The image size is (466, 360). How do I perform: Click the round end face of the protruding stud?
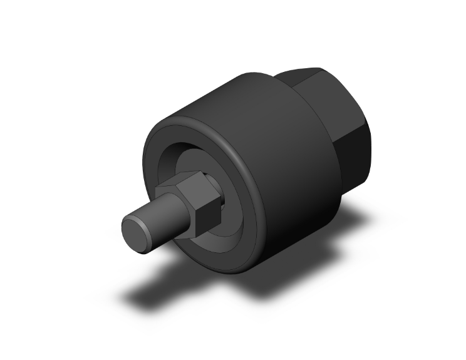[x=136, y=232]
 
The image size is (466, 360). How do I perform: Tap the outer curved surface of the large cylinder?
[x=276, y=157]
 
